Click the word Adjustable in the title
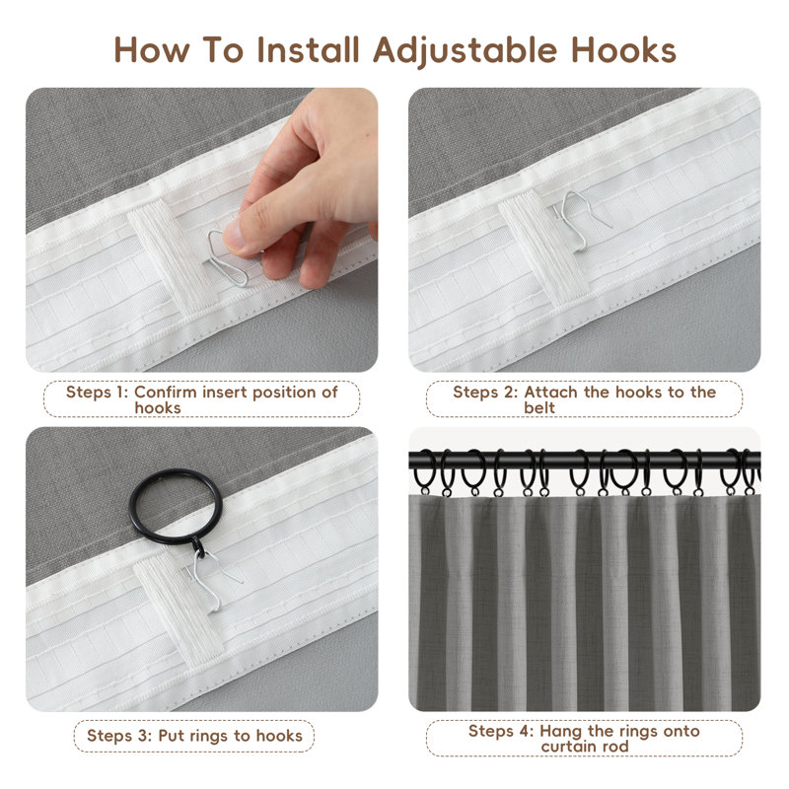click(465, 51)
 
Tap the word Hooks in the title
click(623, 50)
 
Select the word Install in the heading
click(308, 50)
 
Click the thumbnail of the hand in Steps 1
click(302, 181)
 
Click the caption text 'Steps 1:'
click(97, 392)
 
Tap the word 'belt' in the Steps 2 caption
click(539, 407)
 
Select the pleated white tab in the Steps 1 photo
click(174, 256)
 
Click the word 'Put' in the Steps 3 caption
click(170, 736)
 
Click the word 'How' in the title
click(152, 50)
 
